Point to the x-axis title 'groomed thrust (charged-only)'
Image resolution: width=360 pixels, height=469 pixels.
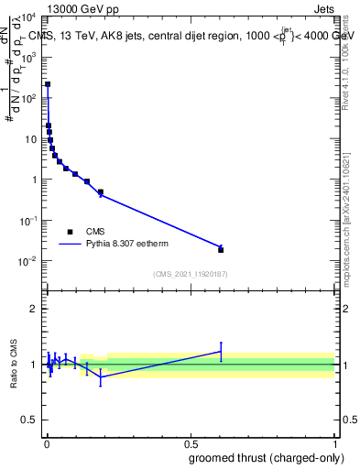[267, 457]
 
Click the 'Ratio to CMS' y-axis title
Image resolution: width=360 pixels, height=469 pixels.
[12, 364]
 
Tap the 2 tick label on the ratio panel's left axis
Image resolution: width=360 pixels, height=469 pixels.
[35, 309]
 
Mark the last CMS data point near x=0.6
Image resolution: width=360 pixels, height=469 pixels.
[221, 249]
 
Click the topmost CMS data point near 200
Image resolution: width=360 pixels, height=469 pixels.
[48, 84]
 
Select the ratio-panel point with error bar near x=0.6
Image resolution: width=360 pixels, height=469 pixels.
[221, 351]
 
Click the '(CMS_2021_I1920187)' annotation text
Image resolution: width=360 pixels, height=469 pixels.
[190, 273]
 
